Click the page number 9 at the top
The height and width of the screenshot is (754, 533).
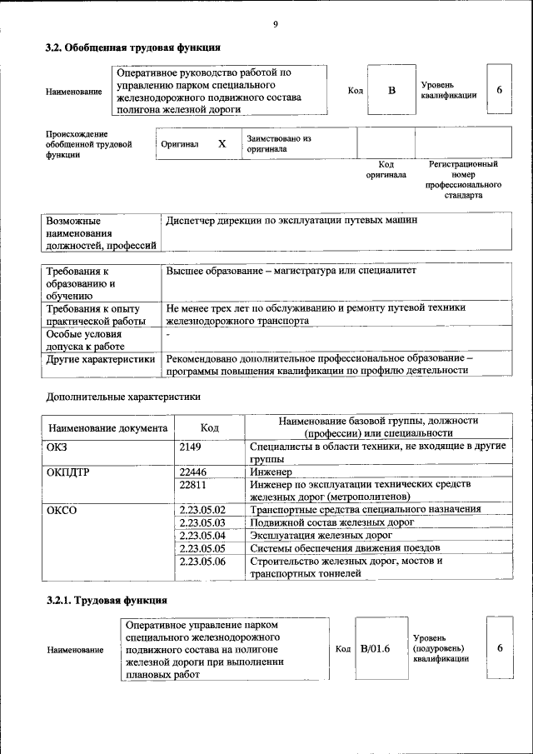[x=275, y=24]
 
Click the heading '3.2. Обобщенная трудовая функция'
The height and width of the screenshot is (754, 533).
[x=132, y=47]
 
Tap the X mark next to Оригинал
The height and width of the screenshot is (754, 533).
[x=222, y=143]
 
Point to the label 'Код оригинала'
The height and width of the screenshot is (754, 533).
[x=386, y=170]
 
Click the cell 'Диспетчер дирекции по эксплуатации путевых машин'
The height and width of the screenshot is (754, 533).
[x=291, y=221]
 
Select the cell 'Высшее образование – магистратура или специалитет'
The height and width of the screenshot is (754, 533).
[x=291, y=272]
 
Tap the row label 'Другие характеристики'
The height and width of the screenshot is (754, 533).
[x=101, y=359]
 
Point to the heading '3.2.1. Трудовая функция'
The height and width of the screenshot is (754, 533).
[x=107, y=600]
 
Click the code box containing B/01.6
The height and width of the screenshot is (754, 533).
[x=376, y=648]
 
